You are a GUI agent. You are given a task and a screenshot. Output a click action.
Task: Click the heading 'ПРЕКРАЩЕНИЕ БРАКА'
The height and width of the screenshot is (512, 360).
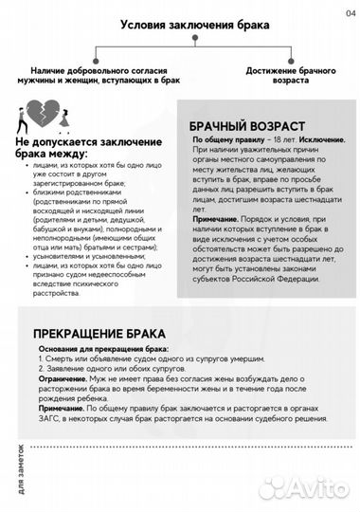click(100, 334)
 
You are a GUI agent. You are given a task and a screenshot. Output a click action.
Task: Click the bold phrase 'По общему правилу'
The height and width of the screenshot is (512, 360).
click(225, 139)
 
